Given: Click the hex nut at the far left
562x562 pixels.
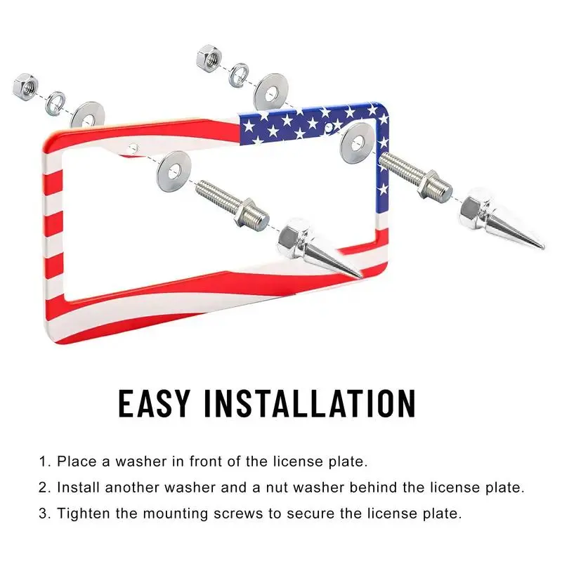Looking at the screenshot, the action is (x=25, y=86).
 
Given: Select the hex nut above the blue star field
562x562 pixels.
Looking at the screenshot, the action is (x=209, y=58).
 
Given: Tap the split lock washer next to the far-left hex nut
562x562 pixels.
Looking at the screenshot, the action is (x=55, y=103).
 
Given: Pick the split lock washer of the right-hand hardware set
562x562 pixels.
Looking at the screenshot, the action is (x=238, y=75).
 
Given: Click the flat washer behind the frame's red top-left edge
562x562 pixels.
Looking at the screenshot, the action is (x=88, y=115).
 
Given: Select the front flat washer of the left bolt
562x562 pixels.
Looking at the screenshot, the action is (x=174, y=171).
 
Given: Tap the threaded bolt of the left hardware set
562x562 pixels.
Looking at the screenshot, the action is (x=232, y=205).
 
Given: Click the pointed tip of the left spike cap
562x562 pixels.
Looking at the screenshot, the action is (x=361, y=277).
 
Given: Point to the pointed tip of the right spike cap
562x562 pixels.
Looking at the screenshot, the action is (x=543, y=247).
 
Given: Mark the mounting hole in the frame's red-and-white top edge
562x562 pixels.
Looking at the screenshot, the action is (x=133, y=148).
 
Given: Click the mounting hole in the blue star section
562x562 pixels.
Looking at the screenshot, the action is (x=329, y=127).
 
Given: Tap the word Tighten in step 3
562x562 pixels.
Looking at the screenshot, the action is (x=84, y=514).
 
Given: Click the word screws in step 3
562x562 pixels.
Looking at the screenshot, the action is (x=238, y=514).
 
